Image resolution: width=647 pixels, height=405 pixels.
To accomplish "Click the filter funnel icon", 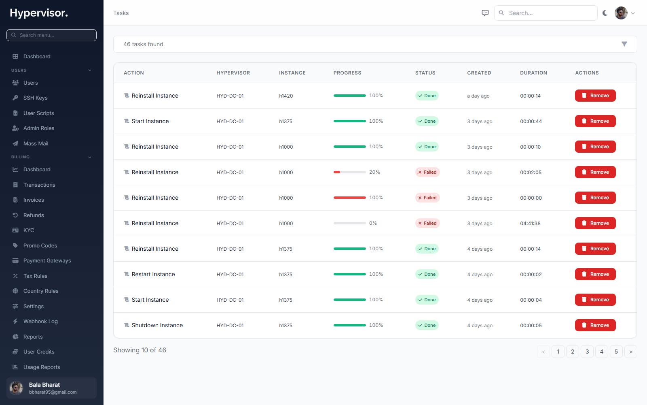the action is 624,44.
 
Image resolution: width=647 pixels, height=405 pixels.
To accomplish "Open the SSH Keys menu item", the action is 35,98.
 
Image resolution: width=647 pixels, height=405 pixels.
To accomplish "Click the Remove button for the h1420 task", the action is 595,96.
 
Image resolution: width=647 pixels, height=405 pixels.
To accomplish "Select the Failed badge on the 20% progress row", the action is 427,172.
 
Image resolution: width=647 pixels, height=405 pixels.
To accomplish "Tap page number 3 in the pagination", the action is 587,352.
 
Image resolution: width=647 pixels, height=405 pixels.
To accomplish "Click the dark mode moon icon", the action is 605,13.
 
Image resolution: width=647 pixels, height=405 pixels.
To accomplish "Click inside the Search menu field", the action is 51,35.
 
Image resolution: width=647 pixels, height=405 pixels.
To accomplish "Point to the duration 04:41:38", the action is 530,223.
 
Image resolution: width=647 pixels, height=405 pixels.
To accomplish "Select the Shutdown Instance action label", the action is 157,325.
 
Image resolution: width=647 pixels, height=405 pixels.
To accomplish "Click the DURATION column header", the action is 533,73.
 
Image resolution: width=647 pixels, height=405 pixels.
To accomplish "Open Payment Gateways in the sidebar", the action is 47,261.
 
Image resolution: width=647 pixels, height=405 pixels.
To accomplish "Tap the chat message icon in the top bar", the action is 485,13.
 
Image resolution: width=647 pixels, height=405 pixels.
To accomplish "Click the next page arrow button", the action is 630,352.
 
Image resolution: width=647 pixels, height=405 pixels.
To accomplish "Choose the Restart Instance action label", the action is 153,274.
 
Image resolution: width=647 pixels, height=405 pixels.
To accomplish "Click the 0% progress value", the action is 373,223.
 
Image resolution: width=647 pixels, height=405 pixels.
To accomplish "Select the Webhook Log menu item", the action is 40,322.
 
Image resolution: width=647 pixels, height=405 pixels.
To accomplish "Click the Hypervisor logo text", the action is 39,13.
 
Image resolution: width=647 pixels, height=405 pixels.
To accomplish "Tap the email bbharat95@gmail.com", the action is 53,392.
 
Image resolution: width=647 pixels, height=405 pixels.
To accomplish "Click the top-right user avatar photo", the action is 621,13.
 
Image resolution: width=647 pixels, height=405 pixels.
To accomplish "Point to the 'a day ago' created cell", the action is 478,96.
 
